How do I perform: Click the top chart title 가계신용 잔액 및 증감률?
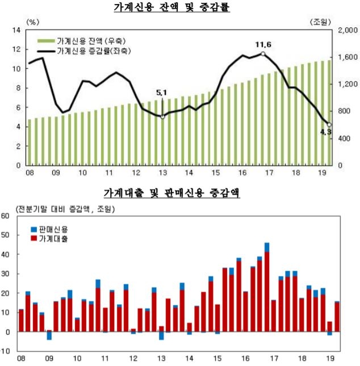(180, 8)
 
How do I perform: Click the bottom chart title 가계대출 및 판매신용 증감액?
(180, 193)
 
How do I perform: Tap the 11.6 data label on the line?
(263, 44)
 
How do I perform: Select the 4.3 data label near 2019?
(326, 132)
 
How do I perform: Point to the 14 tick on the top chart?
(16, 30)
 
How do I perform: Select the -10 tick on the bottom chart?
(6, 351)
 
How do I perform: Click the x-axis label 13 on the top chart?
(162, 173)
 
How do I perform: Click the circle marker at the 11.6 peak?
(263, 54)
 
